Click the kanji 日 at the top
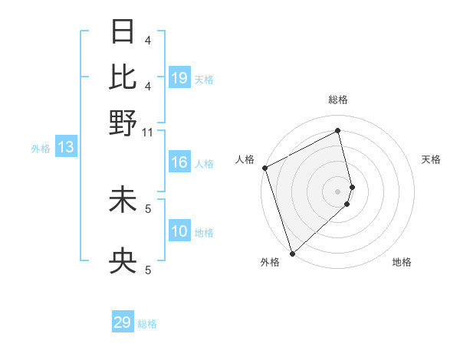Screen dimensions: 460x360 [123, 32]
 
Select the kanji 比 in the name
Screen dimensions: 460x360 [123, 77]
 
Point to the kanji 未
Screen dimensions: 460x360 [123, 198]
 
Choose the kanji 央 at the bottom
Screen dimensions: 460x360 [123, 263]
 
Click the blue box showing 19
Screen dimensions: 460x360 [179, 78]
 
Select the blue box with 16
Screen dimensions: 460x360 [179, 163]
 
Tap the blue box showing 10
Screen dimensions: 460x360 [179, 232]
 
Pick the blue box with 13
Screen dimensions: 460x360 [65, 148]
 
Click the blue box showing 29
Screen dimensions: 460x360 [123, 322]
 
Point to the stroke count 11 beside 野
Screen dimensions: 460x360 [148, 133]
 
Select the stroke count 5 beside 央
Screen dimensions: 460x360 [148, 270]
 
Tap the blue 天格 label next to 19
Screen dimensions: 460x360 [204, 79]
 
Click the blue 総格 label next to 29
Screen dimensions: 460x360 [147, 324]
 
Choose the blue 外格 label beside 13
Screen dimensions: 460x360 [40, 149]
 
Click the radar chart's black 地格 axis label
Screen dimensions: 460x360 [402, 263]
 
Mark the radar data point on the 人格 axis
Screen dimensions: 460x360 [264, 168]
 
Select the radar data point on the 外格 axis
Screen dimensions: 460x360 [292, 252]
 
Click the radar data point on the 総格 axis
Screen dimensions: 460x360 [338, 131]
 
